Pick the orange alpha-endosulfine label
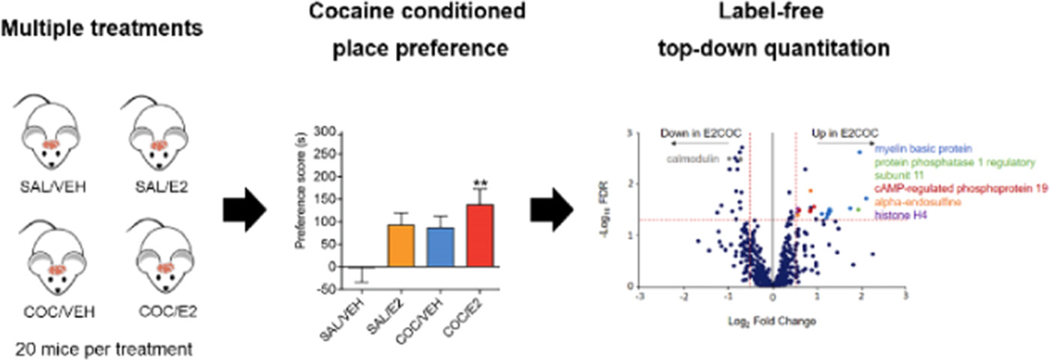point(916,202)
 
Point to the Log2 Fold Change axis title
point(772,321)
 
